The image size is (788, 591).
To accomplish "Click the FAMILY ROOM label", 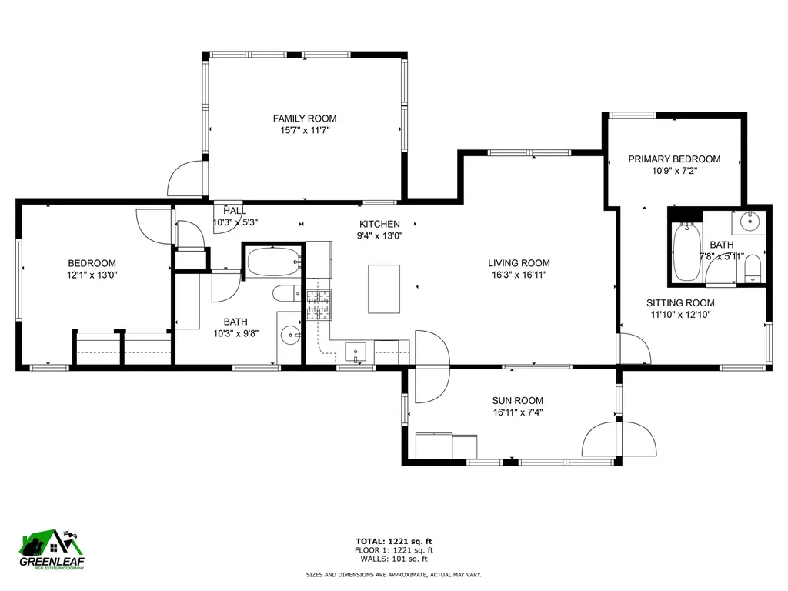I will pos(305,119).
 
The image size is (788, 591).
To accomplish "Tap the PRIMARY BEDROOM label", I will pos(674,159).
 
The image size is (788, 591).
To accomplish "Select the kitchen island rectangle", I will pos(384,289).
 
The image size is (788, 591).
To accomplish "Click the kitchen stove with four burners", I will pos(319,305).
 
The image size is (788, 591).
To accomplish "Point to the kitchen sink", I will pos(356,352).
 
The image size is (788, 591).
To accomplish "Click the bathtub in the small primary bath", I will pos(685,252).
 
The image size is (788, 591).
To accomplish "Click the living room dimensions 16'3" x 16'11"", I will pos(521,275).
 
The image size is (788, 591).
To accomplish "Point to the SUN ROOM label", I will pos(518,400).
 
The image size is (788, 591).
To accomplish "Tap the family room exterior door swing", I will pos(185,178).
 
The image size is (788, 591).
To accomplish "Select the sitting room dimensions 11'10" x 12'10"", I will pos(680,314).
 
